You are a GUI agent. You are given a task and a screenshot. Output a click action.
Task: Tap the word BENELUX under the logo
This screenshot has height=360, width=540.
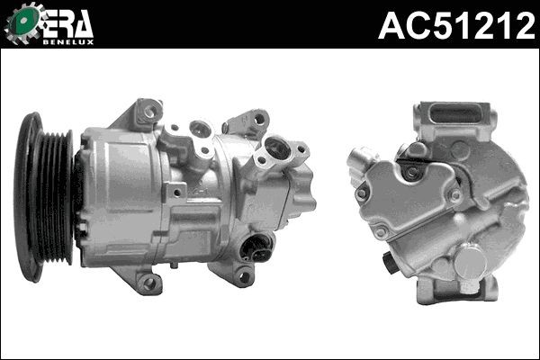(x=69, y=40)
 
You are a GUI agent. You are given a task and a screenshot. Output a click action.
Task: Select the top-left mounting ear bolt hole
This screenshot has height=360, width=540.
(x=149, y=112)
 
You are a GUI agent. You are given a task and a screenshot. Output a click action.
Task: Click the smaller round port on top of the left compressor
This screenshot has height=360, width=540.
(x=202, y=130)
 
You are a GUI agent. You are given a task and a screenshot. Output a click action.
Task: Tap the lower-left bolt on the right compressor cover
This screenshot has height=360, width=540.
(x=382, y=232)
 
